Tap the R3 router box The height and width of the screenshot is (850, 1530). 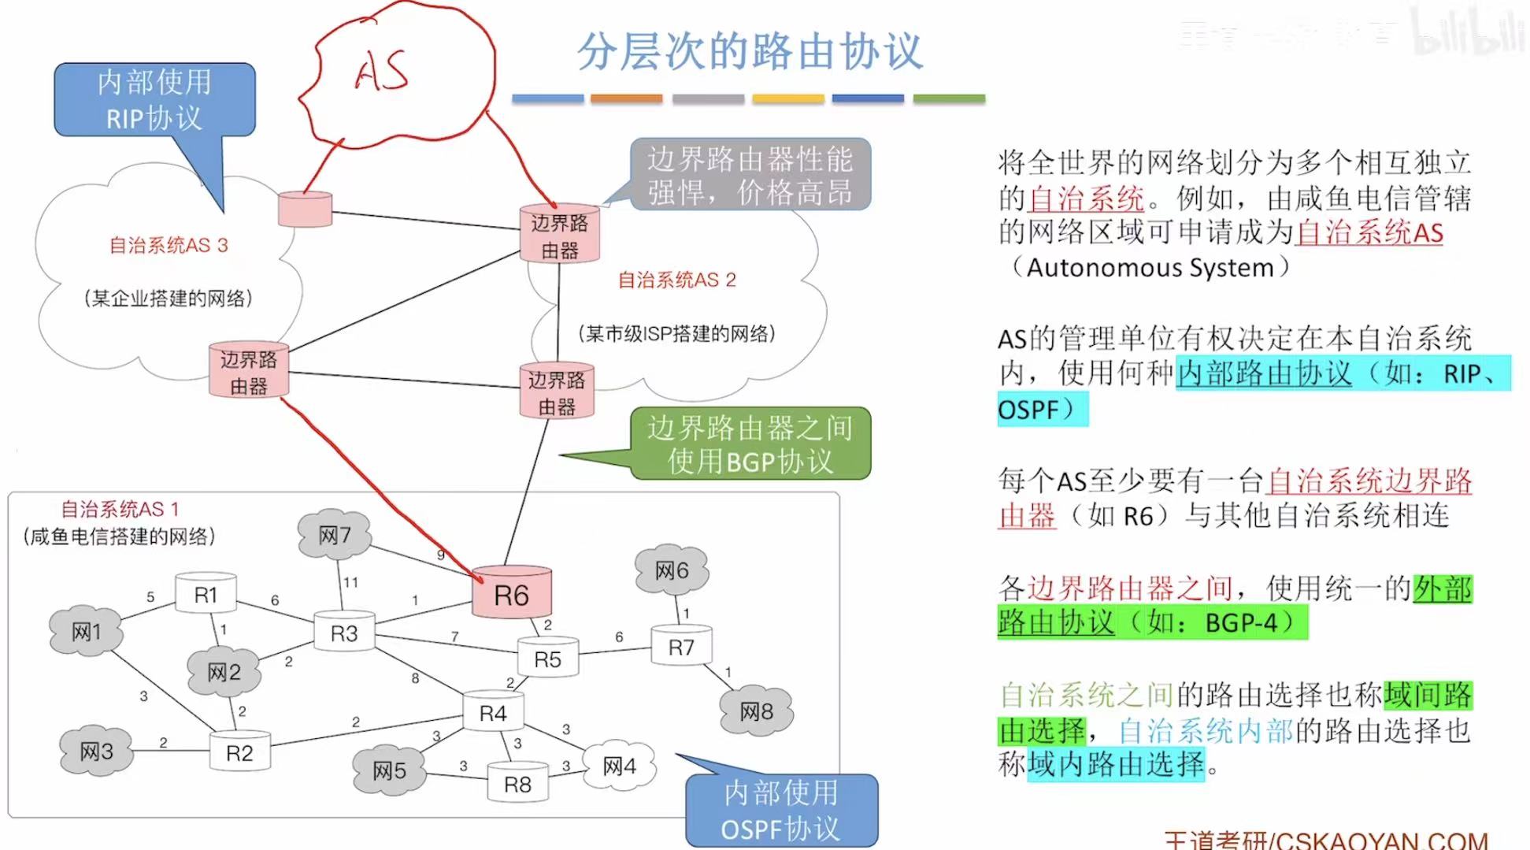pyautogui.click(x=344, y=633)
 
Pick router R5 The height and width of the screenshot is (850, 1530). pyautogui.click(x=547, y=659)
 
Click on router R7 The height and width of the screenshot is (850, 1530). pyautogui.click(x=681, y=647)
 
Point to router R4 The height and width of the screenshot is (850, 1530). pyautogui.click(x=493, y=713)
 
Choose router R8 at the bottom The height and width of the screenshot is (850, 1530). pyautogui.click(x=517, y=784)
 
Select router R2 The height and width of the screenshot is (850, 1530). pyautogui.click(x=239, y=752)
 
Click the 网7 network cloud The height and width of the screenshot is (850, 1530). pyautogui.click(x=335, y=536)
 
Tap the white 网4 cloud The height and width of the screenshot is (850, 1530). pyautogui.click(x=620, y=766)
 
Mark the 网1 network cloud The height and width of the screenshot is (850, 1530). pyautogui.click(x=87, y=632)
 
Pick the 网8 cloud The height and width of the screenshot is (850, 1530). pyautogui.click(x=756, y=711)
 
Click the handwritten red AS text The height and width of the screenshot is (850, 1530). pyautogui.click(x=382, y=71)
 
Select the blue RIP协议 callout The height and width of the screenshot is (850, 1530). pyautogui.click(x=154, y=100)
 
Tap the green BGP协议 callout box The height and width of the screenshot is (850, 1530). pyautogui.click(x=750, y=444)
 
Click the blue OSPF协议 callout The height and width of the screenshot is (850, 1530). pyautogui.click(x=780, y=811)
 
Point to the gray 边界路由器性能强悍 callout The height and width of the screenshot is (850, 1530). pyautogui.click(x=750, y=175)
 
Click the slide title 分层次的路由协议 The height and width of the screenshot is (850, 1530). pyautogui.click(x=750, y=51)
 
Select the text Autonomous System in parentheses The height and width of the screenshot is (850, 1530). pyautogui.click(x=1150, y=268)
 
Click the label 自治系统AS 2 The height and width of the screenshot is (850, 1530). pyautogui.click(x=676, y=280)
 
